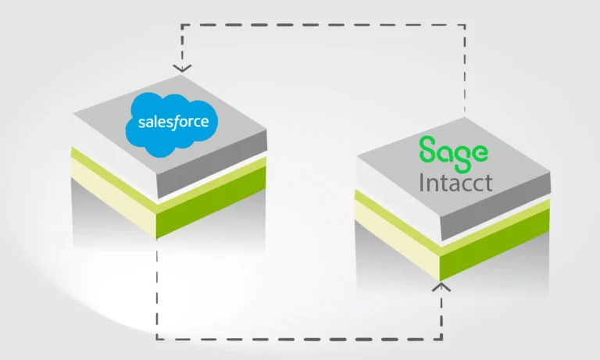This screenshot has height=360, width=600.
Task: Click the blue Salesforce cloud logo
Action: (172, 124)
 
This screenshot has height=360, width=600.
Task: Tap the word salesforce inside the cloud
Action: (173, 122)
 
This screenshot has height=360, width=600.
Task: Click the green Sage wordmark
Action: (453, 153)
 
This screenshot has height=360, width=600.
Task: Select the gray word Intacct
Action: (455, 183)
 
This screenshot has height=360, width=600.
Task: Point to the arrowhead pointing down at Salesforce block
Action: (182, 68)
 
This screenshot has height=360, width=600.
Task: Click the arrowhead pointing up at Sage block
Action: (441, 287)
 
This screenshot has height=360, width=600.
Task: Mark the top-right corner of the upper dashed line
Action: (465, 25)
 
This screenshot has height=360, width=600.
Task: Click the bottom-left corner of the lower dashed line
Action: (157, 339)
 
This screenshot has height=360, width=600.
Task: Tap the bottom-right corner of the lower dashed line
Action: (442, 339)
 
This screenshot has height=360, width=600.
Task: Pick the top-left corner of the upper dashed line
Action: (182, 25)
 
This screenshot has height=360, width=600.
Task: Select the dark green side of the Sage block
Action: (495, 245)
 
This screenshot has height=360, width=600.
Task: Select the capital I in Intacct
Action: (421, 183)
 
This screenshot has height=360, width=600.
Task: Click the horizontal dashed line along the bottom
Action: (299, 339)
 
